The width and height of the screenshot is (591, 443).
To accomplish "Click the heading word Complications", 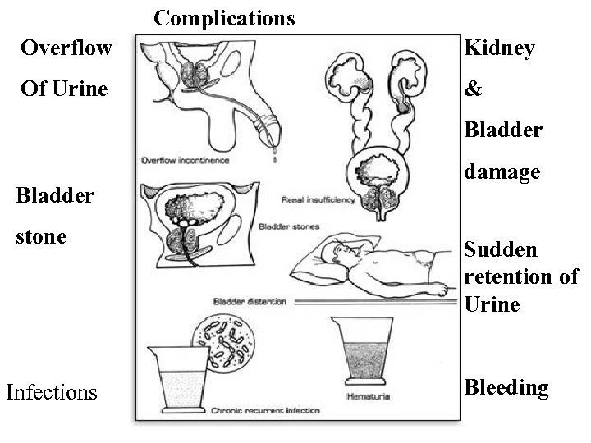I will (224, 18).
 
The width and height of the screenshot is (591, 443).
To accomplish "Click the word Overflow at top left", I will (66, 48).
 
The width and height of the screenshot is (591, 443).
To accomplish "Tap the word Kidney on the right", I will (499, 48).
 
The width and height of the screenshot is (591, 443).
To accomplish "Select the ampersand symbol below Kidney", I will (474, 89).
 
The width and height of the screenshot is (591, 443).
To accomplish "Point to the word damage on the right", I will (502, 172).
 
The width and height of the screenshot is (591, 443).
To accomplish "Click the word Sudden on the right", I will (501, 249).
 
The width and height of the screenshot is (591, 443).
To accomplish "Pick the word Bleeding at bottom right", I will (506, 387).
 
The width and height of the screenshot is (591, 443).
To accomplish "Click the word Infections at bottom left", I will (51, 392).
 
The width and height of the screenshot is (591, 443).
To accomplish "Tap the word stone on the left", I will (42, 237).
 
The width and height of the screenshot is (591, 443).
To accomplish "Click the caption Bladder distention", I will (250, 301).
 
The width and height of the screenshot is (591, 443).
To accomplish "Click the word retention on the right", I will (511, 277).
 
